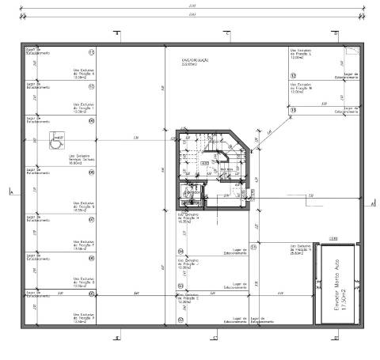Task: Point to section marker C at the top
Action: (x=226, y=34)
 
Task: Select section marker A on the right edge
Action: (x=370, y=202)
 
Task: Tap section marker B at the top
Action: (x=117, y=34)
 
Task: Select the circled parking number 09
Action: (x=91, y=173)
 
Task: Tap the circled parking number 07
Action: (x=91, y=219)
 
